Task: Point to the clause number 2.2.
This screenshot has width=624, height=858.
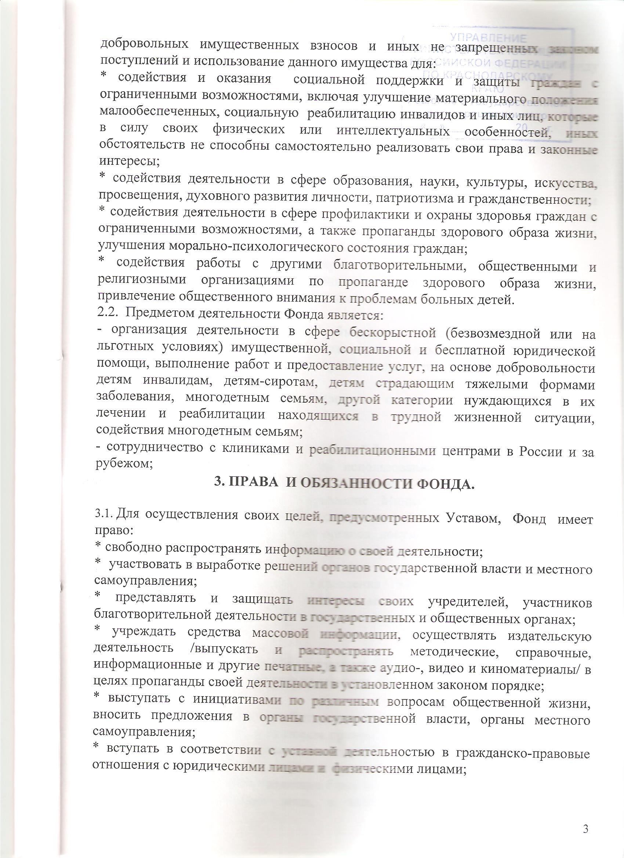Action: click(x=107, y=314)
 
